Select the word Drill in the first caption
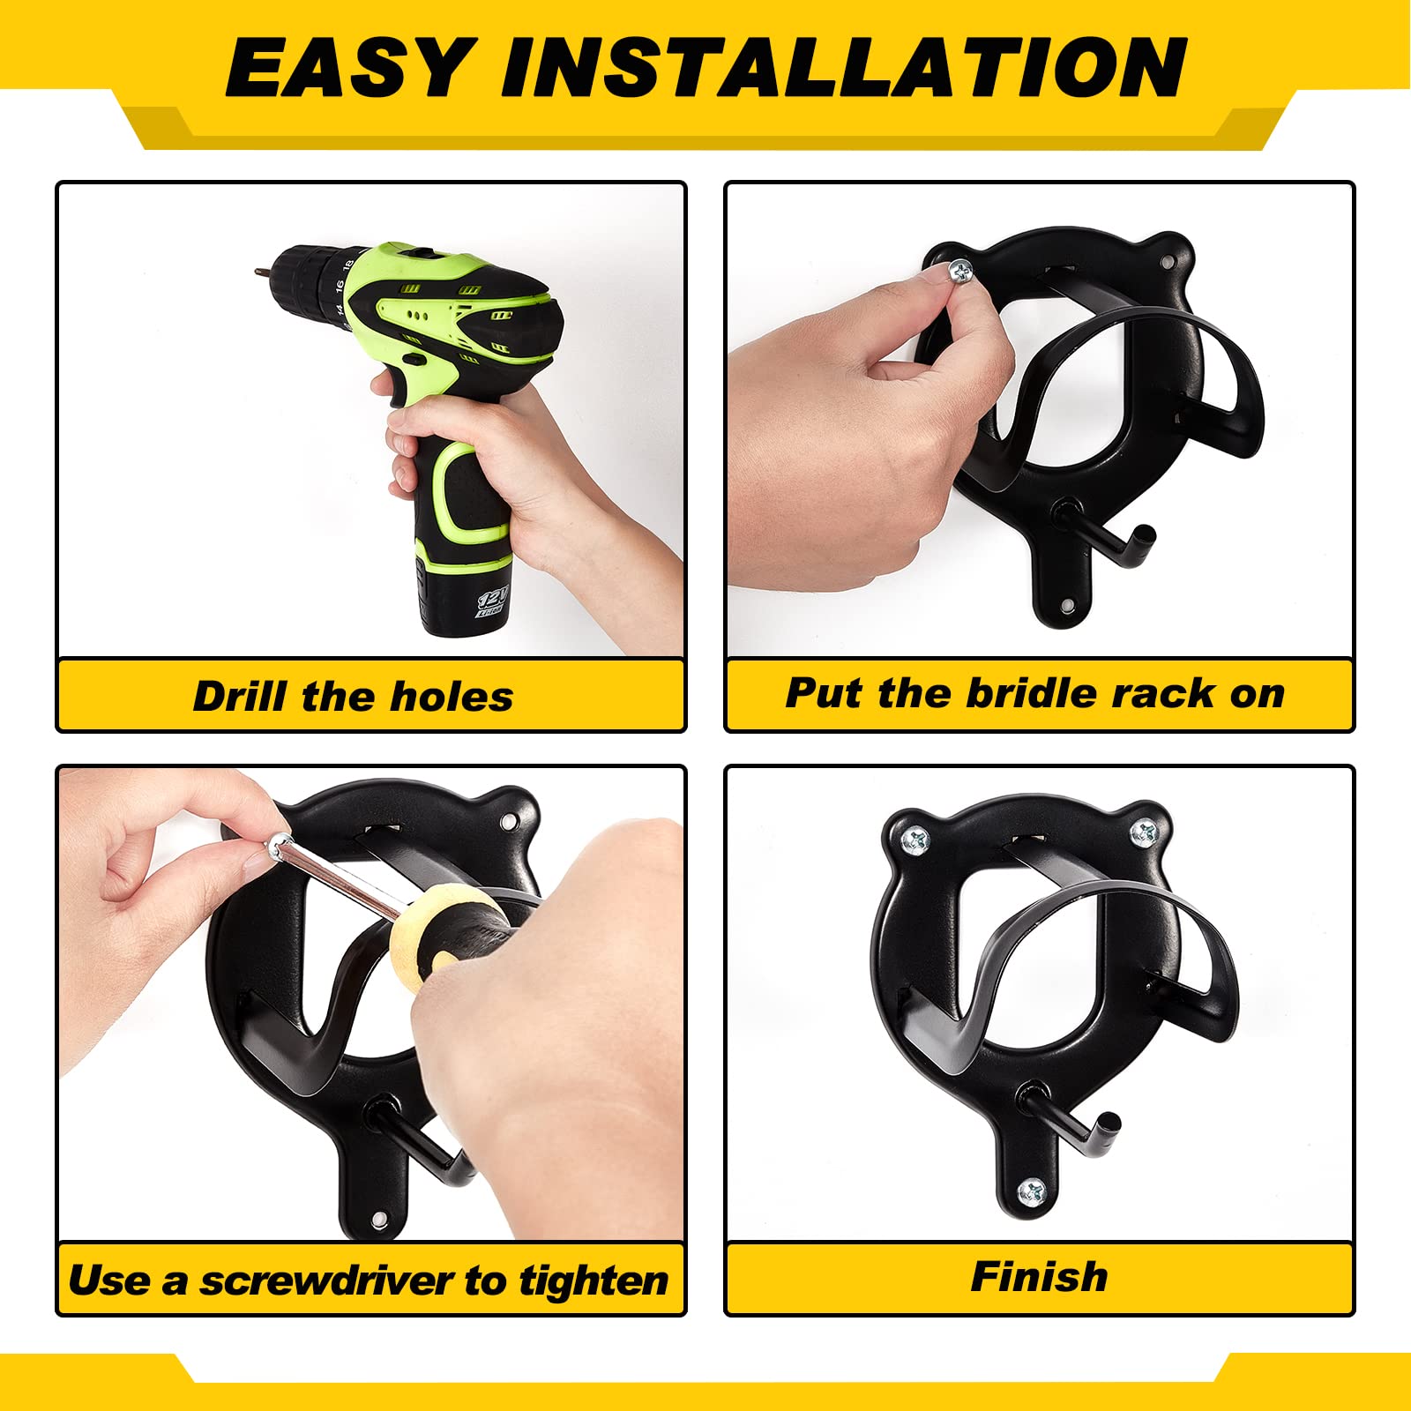[x=241, y=696]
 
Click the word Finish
[x=1039, y=1276]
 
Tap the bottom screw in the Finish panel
[x=1032, y=1194]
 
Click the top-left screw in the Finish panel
[x=915, y=840]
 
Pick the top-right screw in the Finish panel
[x=1144, y=831]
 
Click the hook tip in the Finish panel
[x=1112, y=1124]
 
